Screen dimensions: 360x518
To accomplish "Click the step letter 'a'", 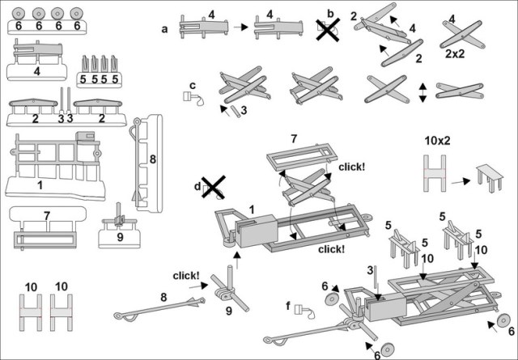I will pos(165,29).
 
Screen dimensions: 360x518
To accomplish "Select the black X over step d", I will pos(213,187).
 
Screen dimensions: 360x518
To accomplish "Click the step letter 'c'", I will pos(193,86).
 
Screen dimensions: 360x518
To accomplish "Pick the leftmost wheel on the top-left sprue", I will pos(19,13).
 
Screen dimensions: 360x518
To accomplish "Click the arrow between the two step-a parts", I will pos(240,28).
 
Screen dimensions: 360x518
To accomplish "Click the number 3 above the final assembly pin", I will pos(369,269).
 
